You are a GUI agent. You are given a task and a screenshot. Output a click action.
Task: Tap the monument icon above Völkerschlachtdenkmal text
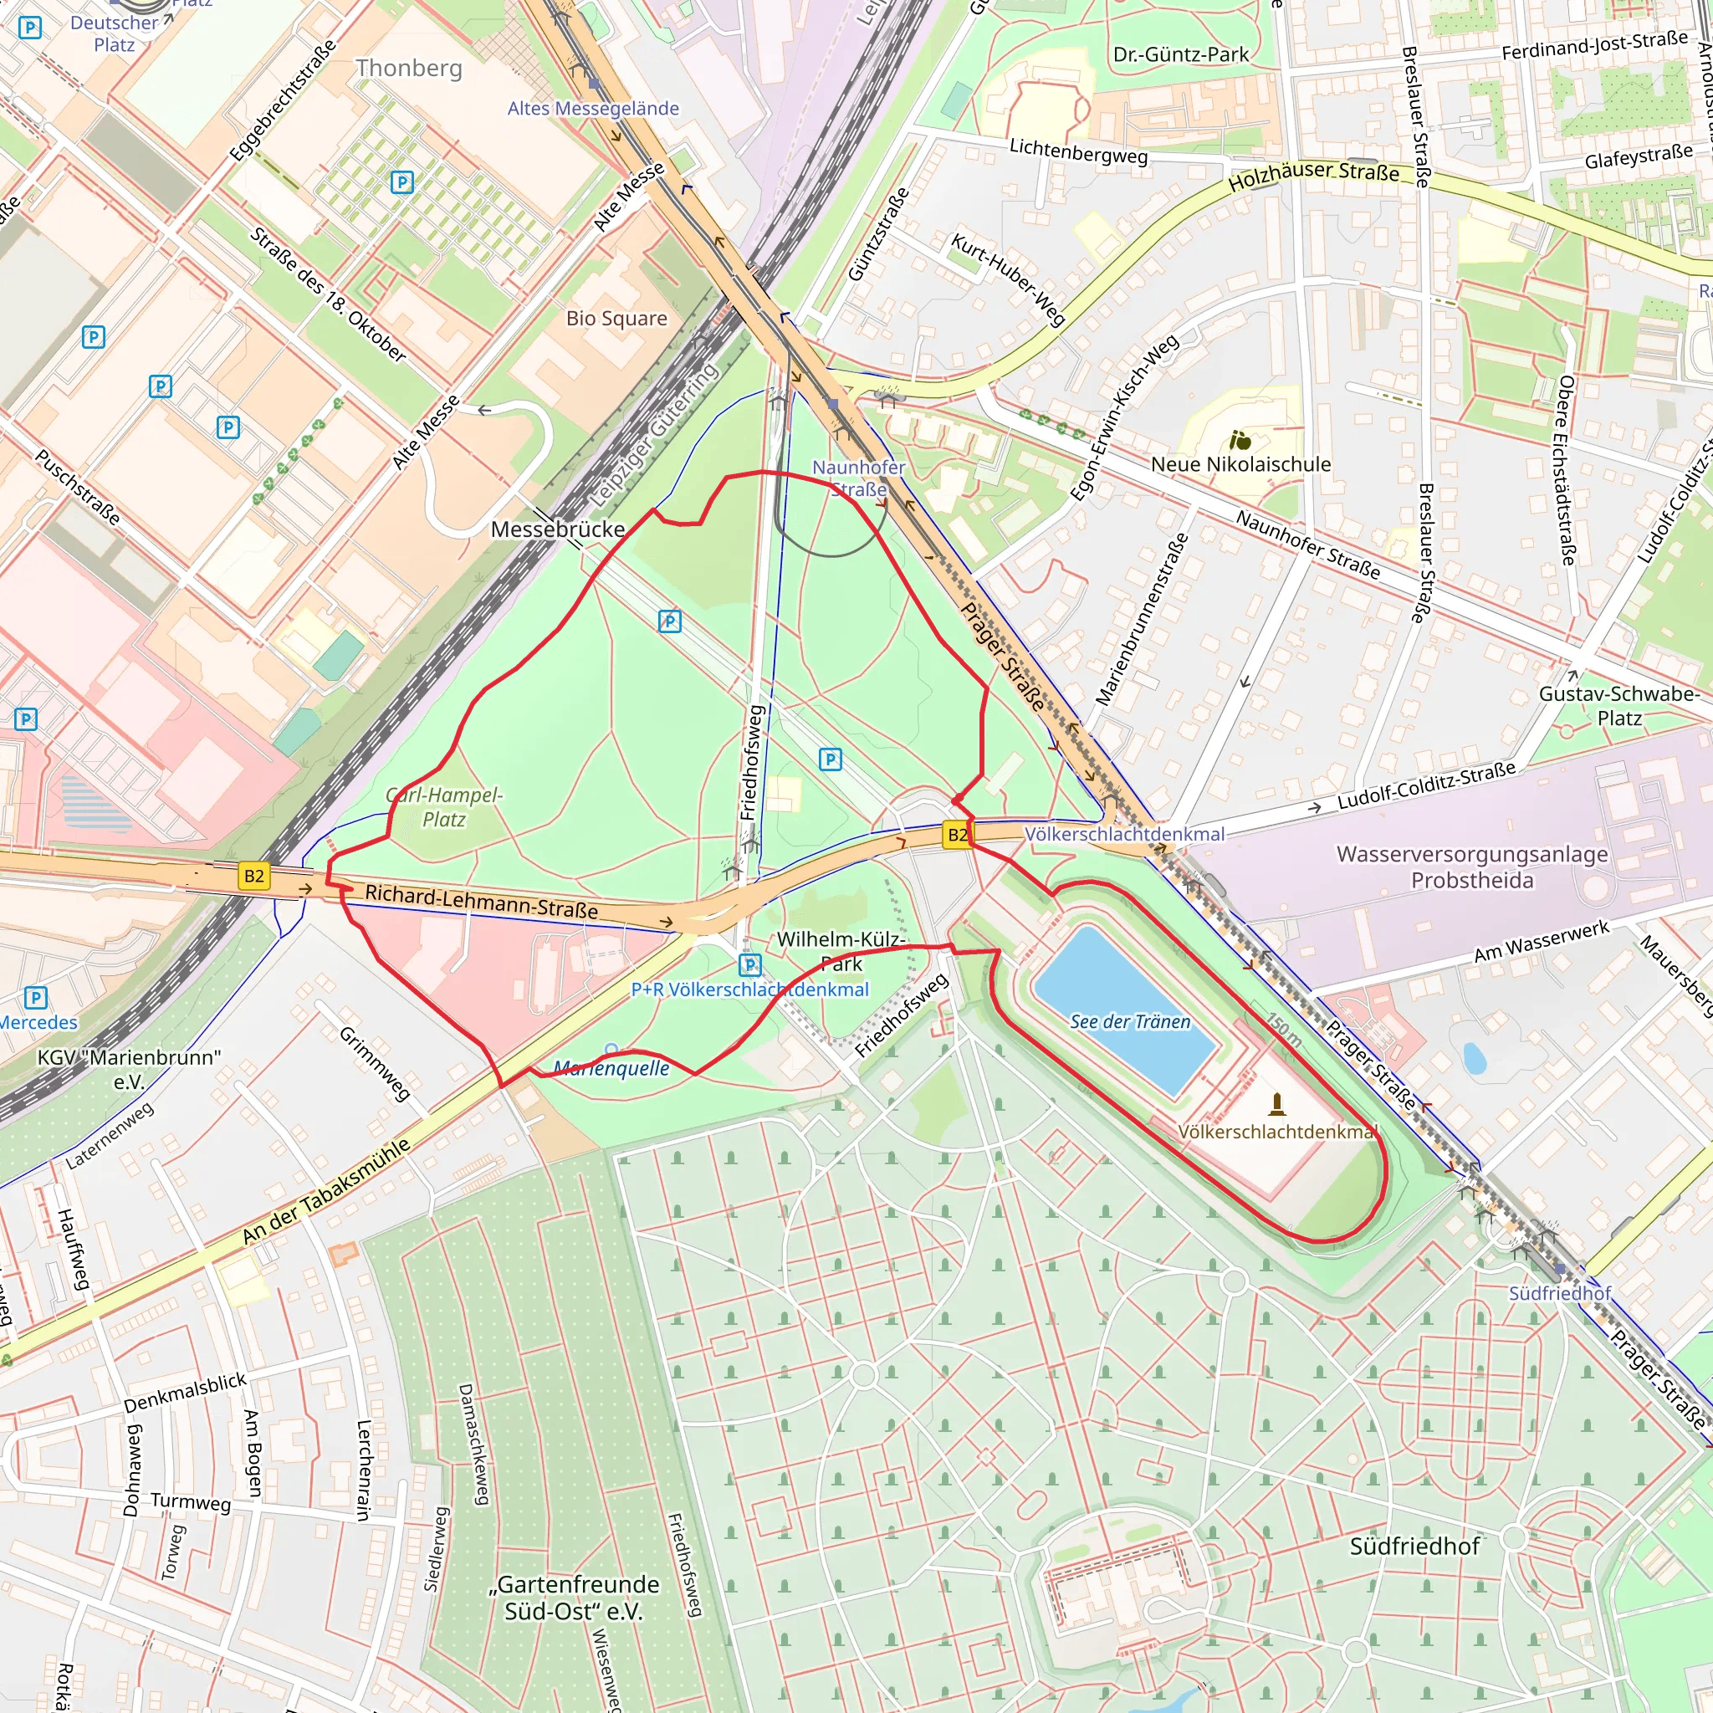coord(1276,1104)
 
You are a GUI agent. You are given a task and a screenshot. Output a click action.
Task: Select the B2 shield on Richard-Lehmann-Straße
coord(253,876)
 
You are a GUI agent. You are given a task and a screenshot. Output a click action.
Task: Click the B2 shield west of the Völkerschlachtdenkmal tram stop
coord(957,834)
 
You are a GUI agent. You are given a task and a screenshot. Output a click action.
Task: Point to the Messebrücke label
coord(558,529)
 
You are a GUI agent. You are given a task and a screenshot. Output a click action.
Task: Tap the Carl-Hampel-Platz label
coord(444,807)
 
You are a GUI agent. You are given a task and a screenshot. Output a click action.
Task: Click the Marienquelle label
coord(611,1068)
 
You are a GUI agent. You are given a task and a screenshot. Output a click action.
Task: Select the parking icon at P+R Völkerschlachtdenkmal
coord(750,964)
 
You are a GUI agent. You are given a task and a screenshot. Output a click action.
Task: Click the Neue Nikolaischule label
coord(1240,464)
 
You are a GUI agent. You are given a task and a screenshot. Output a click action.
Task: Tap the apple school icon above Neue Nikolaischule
coord(1240,440)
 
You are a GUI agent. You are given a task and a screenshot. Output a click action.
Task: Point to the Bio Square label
coord(616,319)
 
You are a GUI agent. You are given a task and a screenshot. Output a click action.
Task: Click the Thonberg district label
coord(409,69)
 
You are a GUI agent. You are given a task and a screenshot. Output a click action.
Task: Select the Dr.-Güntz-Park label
coord(1180,55)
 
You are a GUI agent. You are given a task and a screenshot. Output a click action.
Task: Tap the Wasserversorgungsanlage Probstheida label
coord(1472,867)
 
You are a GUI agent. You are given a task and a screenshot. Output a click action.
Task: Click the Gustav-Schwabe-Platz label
coord(1618,706)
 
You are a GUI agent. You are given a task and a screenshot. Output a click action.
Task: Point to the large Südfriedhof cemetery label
coord(1414,1547)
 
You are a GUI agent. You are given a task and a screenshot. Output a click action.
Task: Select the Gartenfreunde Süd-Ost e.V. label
coord(575,1597)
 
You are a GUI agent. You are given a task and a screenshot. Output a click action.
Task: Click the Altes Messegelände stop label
coord(593,108)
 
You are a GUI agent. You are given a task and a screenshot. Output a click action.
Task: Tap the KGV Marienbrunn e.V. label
coord(129,1068)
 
